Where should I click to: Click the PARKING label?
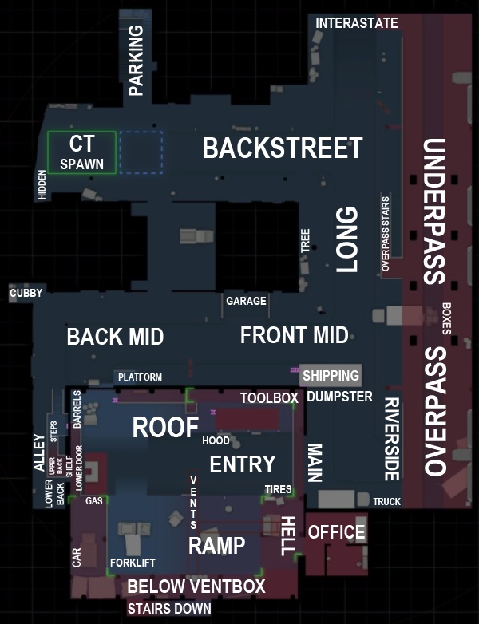click(x=136, y=60)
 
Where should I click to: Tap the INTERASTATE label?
click(x=356, y=23)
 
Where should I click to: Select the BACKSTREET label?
click(x=283, y=148)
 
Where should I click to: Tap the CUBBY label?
click(x=26, y=294)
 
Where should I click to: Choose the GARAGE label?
click(x=246, y=302)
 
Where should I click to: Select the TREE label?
click(x=305, y=241)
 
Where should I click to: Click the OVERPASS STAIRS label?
click(x=386, y=234)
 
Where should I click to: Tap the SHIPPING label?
click(x=331, y=375)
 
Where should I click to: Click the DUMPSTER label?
click(x=339, y=397)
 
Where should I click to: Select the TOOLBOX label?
click(x=269, y=397)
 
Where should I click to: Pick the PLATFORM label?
click(x=140, y=377)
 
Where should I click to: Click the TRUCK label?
click(x=386, y=501)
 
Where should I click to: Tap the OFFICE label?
click(x=336, y=532)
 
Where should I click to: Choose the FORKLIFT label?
click(x=132, y=561)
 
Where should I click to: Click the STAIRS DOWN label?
click(x=169, y=609)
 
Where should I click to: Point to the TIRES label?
click(x=278, y=488)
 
